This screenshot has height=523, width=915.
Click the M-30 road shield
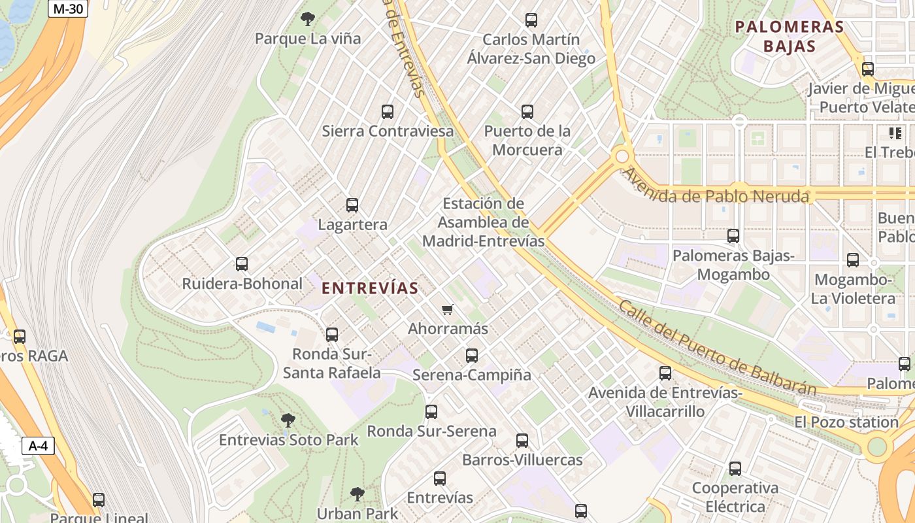[68, 8]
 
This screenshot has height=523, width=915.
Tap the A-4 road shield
[38, 447]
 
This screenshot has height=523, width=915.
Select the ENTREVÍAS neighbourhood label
[370, 288]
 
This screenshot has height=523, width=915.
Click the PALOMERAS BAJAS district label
[790, 37]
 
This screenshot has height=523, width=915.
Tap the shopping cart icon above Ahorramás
[448, 309]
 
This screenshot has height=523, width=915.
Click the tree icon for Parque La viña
[307, 19]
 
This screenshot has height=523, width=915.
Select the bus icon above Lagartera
[352, 205]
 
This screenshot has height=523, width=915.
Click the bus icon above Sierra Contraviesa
[388, 112]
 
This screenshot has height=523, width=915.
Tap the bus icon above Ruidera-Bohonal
[242, 264]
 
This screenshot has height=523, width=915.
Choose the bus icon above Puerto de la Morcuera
[527, 112]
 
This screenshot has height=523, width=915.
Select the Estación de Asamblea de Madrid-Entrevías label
[484, 222]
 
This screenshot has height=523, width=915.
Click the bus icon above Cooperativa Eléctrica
[735, 469]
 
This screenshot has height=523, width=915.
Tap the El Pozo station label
[846, 422]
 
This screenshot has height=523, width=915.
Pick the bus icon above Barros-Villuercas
[522, 441]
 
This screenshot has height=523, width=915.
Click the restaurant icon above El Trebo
[895, 133]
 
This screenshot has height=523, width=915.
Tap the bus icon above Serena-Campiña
[472, 356]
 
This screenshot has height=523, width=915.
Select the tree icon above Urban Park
[357, 494]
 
